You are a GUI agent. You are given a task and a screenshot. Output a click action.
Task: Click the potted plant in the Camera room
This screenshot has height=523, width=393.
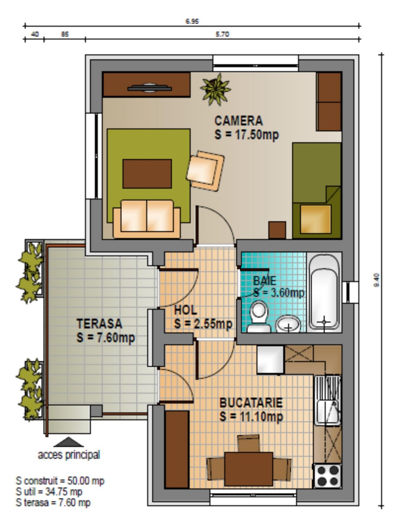coord(216,89)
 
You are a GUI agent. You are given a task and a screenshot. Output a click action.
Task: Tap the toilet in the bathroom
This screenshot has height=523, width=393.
coord(259,316)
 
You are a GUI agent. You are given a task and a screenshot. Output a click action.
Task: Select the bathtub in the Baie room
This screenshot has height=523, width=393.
coord(324,293)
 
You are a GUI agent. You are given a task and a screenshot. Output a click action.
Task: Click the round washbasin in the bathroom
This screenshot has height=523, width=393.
coord(288,324)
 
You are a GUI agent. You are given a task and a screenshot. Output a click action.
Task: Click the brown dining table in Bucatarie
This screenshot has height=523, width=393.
coord(249,469)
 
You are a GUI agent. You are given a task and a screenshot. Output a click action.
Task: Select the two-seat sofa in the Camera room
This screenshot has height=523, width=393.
coord(147,219)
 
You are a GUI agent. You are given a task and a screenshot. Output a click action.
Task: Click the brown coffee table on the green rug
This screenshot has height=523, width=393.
coord(147,174)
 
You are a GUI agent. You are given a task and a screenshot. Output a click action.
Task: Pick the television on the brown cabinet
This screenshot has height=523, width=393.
coord(150,88)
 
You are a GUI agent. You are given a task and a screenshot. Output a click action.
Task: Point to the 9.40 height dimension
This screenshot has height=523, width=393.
coord(377,280)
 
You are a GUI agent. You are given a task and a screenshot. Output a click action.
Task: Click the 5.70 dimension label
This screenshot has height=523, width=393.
coord(223,34)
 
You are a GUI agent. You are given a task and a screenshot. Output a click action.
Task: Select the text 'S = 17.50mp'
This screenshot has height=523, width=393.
coord(247,135)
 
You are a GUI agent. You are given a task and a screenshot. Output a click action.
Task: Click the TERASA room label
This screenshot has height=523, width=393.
coord(99,324)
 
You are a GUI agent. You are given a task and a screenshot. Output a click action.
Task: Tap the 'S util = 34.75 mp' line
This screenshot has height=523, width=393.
coord(49,492)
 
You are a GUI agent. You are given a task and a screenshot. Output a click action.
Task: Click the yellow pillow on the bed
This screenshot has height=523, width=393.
coord(316,219)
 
